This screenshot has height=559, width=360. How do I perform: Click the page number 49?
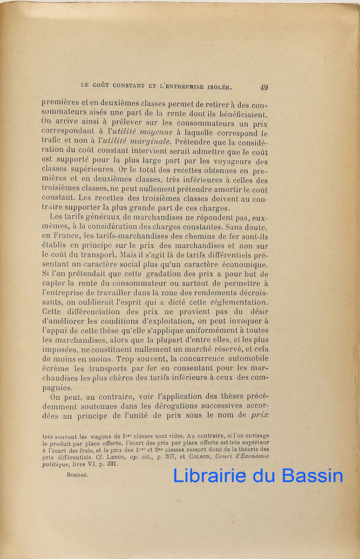point(264,87)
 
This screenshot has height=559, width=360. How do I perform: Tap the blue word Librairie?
point(210,476)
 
